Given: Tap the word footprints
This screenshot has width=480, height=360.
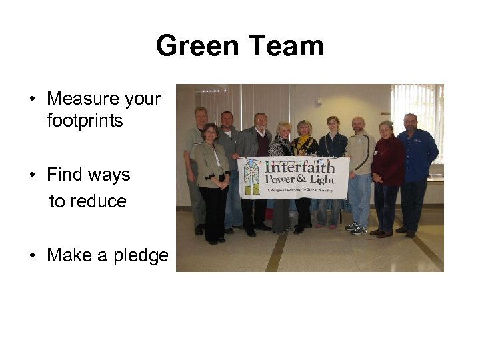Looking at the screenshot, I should click(85, 121).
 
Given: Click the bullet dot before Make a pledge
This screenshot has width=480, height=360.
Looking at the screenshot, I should click(32, 256).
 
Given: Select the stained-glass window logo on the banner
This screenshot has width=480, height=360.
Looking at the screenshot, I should click(251, 177).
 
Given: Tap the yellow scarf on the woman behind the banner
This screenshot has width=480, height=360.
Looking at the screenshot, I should click(305, 143).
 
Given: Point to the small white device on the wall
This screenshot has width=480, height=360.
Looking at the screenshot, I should click(319, 101).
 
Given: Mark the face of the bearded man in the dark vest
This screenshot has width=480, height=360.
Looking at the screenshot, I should click(260, 123).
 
